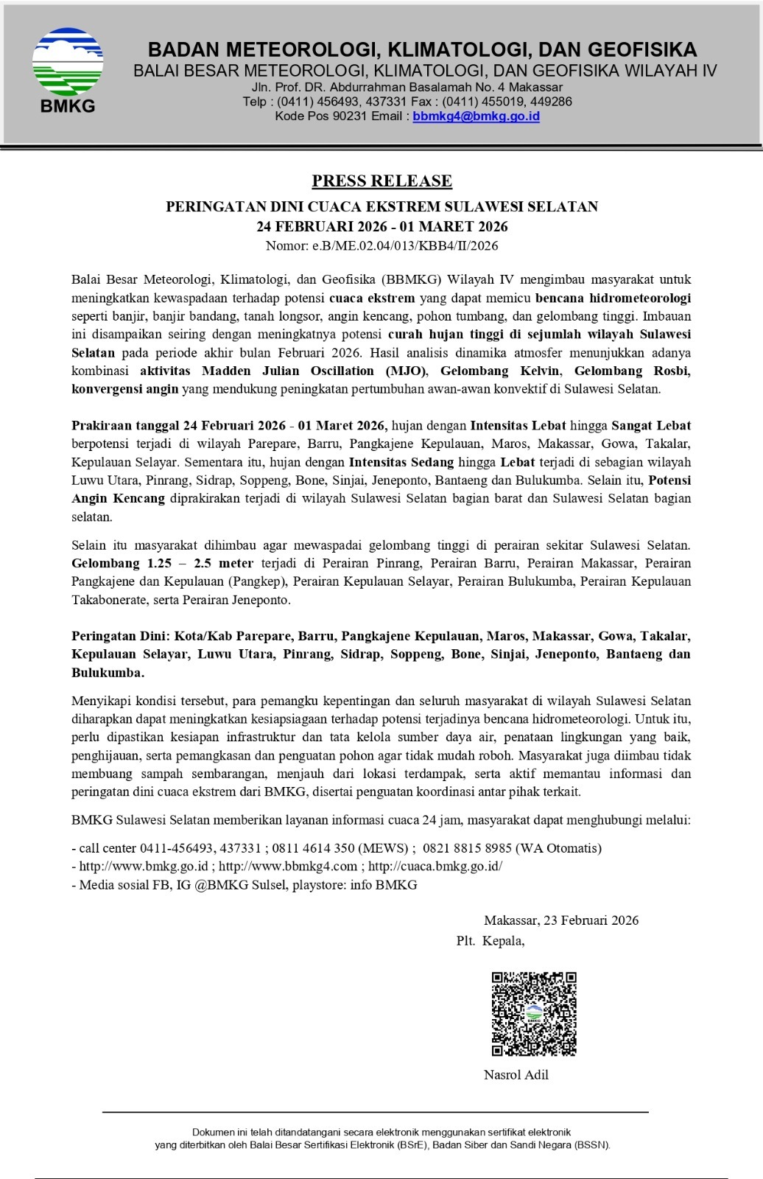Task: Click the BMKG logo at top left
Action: tap(68, 70)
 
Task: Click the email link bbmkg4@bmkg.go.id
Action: tap(476, 116)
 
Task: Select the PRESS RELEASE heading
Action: tap(381, 181)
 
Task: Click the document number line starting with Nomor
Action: tap(381, 245)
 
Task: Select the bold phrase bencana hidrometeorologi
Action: tap(613, 298)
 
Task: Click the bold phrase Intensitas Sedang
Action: tap(401, 462)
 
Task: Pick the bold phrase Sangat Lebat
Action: tap(650, 425)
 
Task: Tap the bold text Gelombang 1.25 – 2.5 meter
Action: tap(162, 563)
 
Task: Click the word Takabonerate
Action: tap(108, 600)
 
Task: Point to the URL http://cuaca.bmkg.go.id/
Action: tap(435, 867)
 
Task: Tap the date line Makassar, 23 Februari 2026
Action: tap(561, 920)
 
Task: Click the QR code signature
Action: tap(534, 1013)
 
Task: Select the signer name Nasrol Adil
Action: tap(516, 1074)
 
